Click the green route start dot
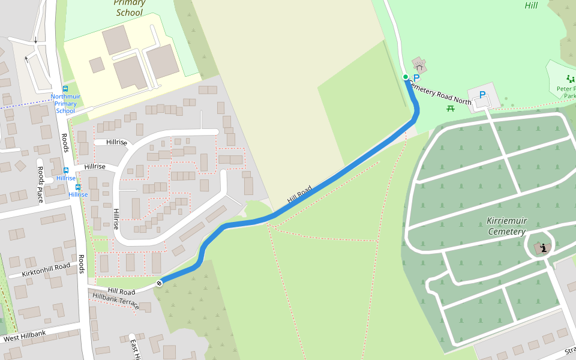click(406, 77)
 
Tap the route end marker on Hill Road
click(159, 283)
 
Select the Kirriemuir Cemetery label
click(506, 226)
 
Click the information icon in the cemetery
click(544, 248)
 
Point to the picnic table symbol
click(451, 108)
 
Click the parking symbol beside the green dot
click(417, 77)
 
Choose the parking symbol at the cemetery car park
click(482, 95)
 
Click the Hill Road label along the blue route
click(299, 194)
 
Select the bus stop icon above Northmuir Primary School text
click(65, 89)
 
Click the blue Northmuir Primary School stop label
click(65, 103)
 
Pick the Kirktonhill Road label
click(46, 269)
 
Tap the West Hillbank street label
click(25, 336)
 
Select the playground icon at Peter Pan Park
click(569, 79)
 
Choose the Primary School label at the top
click(129, 8)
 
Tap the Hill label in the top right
click(530, 5)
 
